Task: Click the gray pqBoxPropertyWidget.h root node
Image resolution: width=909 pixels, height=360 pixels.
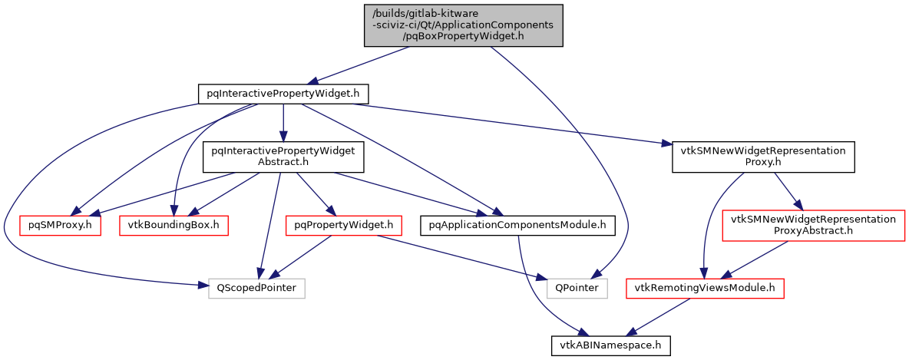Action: pos(463,25)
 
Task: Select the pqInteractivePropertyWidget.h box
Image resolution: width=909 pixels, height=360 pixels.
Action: pos(283,94)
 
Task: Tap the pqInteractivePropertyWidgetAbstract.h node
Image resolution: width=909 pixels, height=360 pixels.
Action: pos(283,157)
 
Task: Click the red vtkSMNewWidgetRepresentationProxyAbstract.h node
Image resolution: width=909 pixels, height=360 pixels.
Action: pos(813,225)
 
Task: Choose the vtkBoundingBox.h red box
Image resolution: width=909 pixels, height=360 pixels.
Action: pos(174,225)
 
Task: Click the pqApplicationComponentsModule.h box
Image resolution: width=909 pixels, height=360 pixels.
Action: pos(519,225)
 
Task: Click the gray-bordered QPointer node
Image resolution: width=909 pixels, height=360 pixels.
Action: pos(577,288)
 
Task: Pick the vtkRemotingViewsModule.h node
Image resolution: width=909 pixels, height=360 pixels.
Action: pos(704,288)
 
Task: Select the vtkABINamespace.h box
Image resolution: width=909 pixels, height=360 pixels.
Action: pos(611,346)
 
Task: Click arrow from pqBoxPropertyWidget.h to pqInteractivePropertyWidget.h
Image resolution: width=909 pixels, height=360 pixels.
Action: pos(361,66)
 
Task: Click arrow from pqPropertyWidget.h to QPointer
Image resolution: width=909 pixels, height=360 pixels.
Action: pos(461,256)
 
